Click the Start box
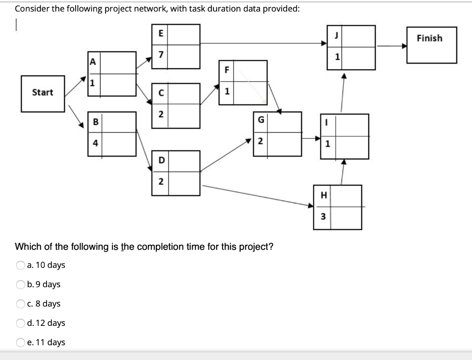coord(43,93)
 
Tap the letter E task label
coord(160,33)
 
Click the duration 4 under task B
coord(95,143)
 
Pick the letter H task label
coord(323,195)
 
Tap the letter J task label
coord(338,36)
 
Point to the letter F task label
coord(226,71)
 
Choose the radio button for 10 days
coord(20,265)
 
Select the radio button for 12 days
coord(20,323)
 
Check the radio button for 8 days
coord(20,304)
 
